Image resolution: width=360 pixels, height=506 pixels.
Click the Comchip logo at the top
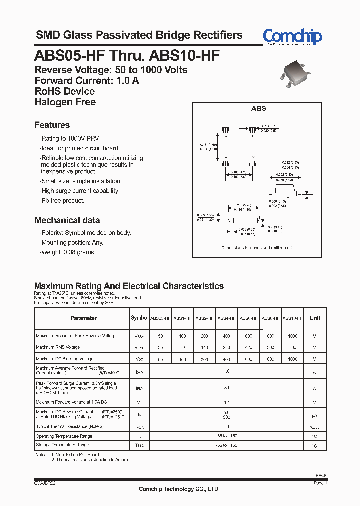tap(292, 36)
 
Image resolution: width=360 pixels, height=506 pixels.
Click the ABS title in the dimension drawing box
tap(258, 108)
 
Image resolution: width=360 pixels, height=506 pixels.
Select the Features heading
tap(52, 125)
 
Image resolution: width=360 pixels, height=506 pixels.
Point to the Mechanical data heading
tap(67, 220)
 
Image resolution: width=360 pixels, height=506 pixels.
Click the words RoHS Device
tap(65, 91)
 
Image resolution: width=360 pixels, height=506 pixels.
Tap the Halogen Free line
tap(65, 102)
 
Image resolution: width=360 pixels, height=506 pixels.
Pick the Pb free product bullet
tap(62, 200)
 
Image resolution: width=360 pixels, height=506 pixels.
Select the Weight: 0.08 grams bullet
tap(67, 252)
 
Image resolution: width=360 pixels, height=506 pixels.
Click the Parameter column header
tap(83, 318)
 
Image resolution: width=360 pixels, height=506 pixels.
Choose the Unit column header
tap(315, 318)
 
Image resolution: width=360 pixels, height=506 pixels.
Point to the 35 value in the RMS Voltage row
tap(160, 347)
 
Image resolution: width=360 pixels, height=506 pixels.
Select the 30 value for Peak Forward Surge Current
tap(226, 388)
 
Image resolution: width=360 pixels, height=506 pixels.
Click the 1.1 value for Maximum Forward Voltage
tap(226, 402)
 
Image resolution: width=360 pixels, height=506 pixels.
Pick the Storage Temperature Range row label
tap(62, 445)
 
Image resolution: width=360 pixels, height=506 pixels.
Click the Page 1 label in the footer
tap(320, 484)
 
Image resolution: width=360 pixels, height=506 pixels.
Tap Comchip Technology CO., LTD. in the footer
tap(179, 489)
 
